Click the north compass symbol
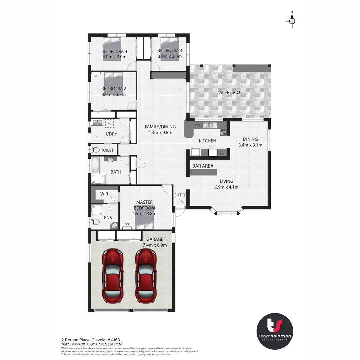click(x=292, y=21)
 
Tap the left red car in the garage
click(x=112, y=275)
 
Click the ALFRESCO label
click(x=229, y=92)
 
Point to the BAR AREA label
click(x=203, y=166)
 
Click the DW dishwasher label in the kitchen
click(x=197, y=125)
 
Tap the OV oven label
click(x=222, y=153)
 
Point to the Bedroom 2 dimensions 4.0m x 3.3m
click(x=114, y=94)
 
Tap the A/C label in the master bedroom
click(x=127, y=224)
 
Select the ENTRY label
click(x=180, y=195)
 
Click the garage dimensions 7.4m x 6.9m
click(x=154, y=245)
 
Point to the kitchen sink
click(x=209, y=126)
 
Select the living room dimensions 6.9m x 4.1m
click(x=227, y=187)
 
